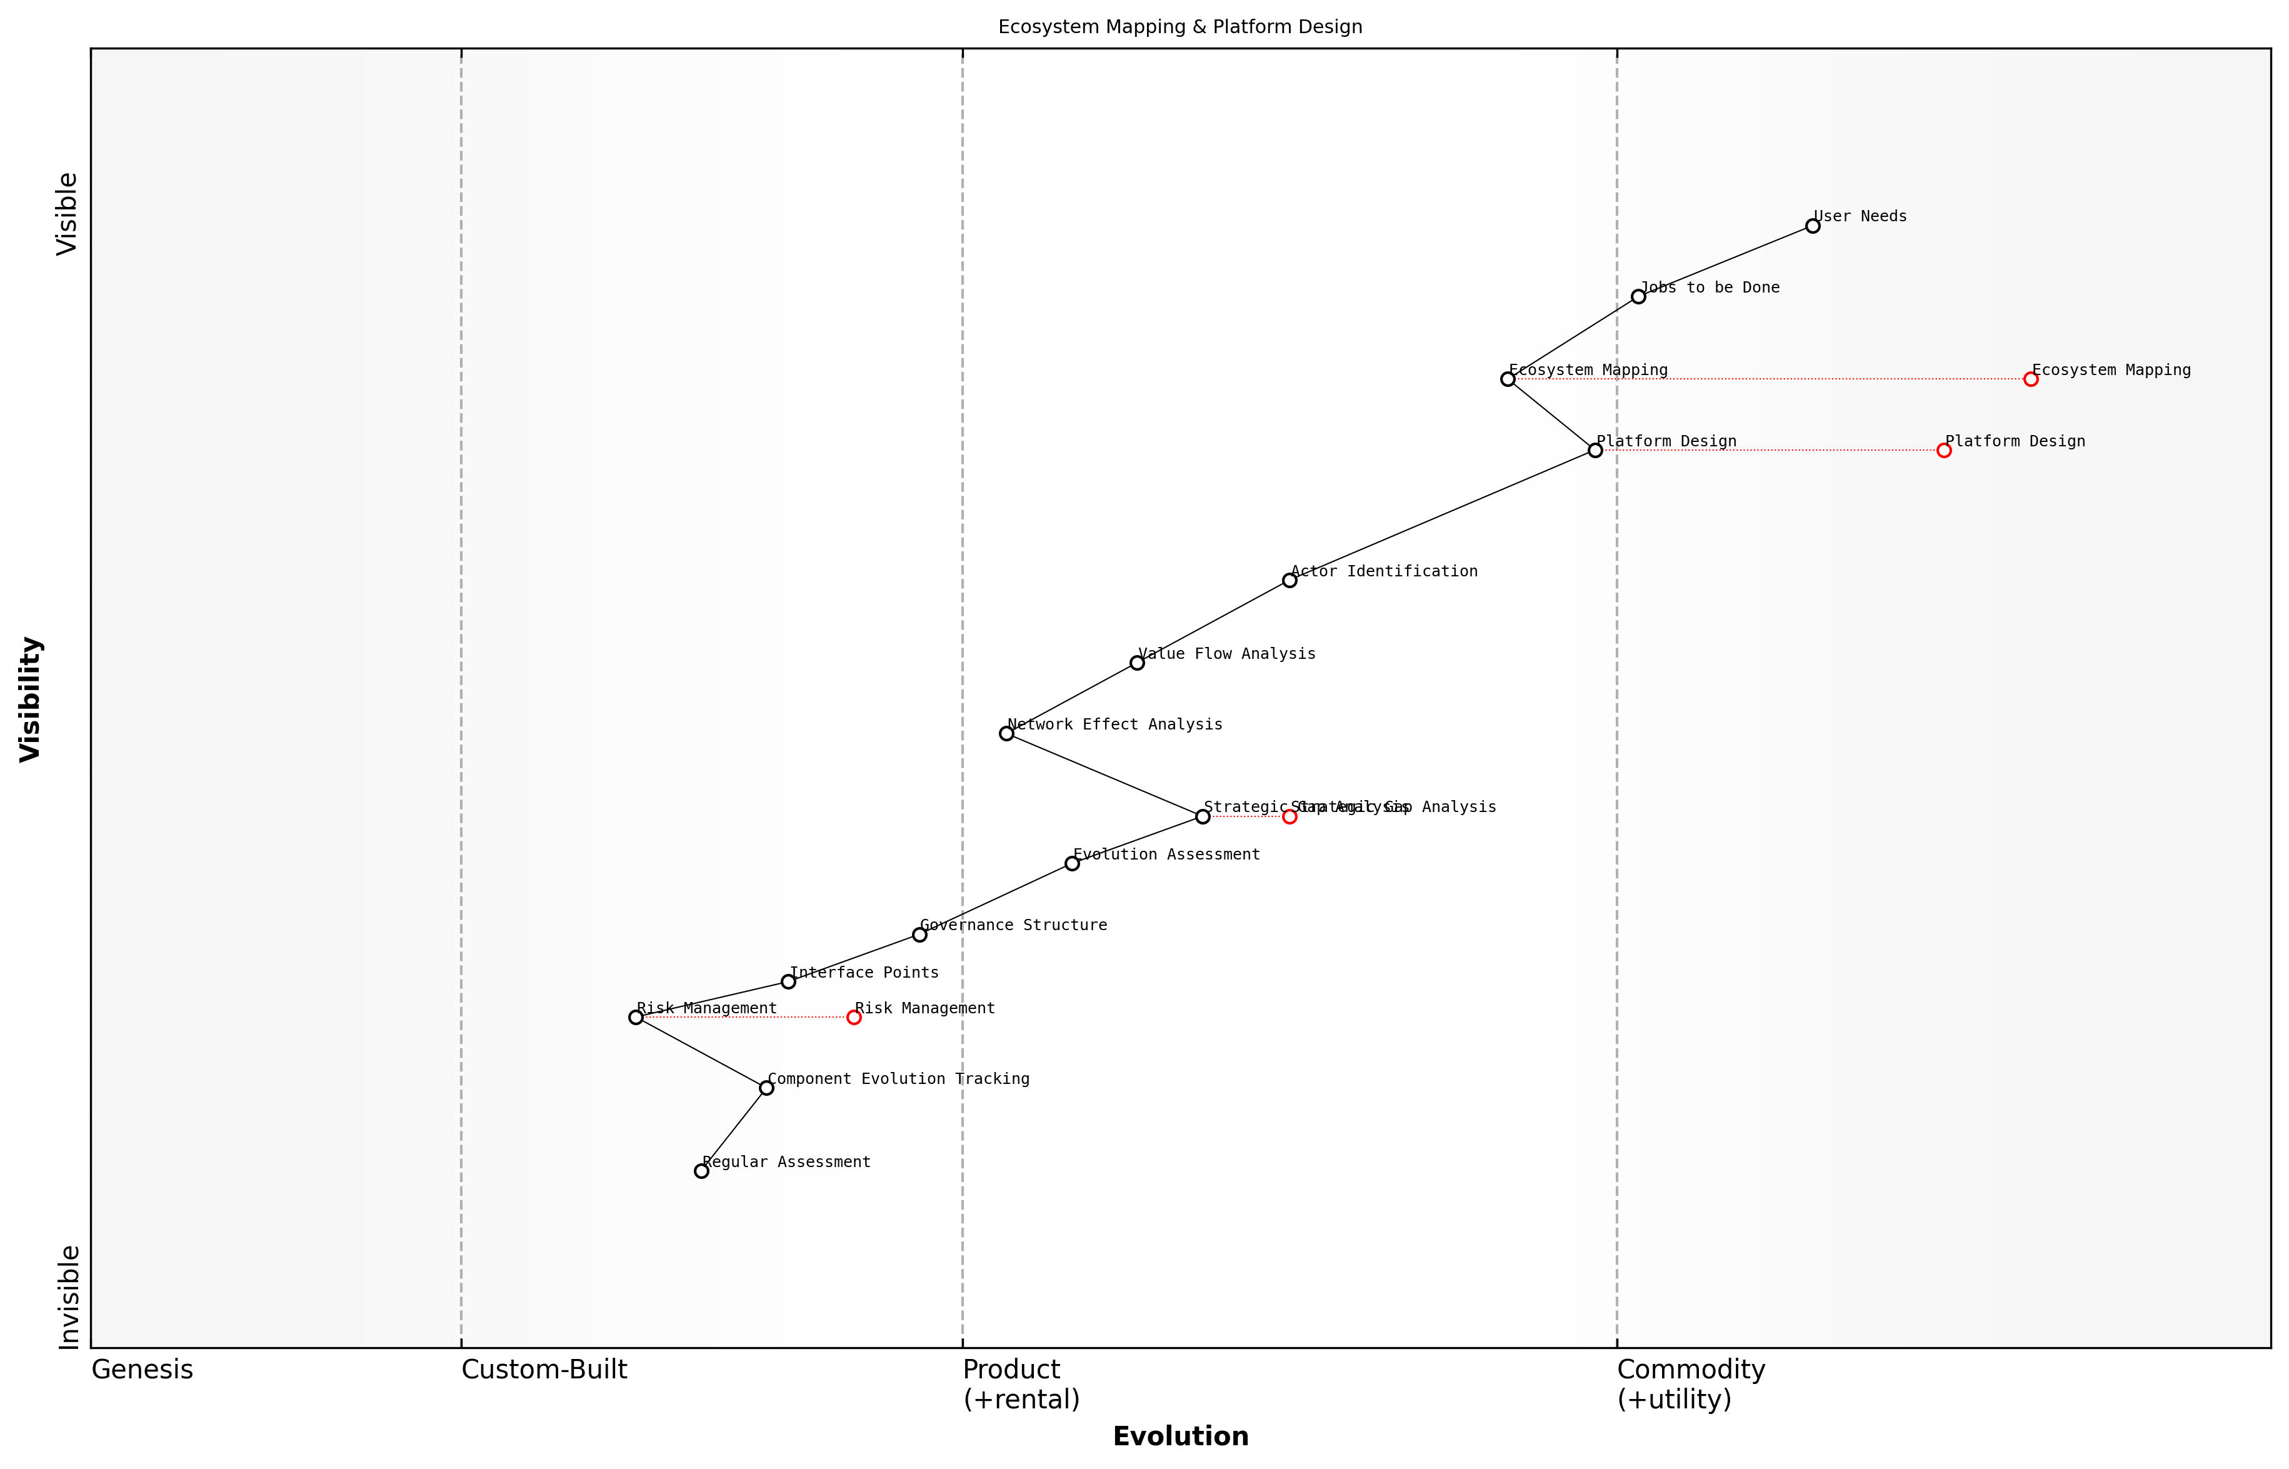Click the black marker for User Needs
(1812, 226)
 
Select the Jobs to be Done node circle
(1638, 297)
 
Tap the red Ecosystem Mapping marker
(2030, 379)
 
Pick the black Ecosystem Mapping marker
(1507, 379)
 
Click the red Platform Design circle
(1944, 450)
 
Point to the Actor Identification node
(1288, 580)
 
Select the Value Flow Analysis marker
(1136, 663)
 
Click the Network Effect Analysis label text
(1114, 725)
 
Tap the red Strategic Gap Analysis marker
(1288, 816)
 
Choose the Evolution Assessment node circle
(1071, 863)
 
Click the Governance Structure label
(1013, 925)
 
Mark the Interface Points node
(788, 981)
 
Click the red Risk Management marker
(854, 1018)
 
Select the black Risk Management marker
(635, 1018)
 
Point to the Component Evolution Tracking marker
(766, 1088)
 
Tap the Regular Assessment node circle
(701, 1171)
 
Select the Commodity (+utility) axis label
(1690, 1384)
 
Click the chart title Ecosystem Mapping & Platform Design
(1180, 27)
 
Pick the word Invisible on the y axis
(68, 1297)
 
